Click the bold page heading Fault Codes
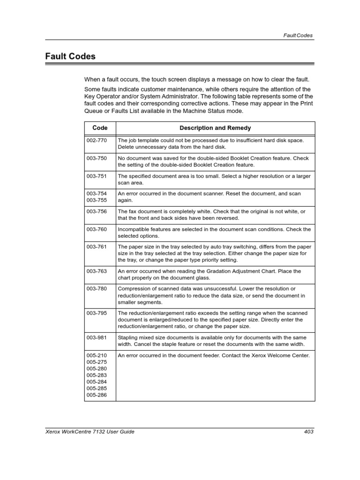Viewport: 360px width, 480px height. click(70, 57)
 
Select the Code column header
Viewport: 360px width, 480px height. click(100, 128)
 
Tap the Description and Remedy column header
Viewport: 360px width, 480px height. click(215, 128)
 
